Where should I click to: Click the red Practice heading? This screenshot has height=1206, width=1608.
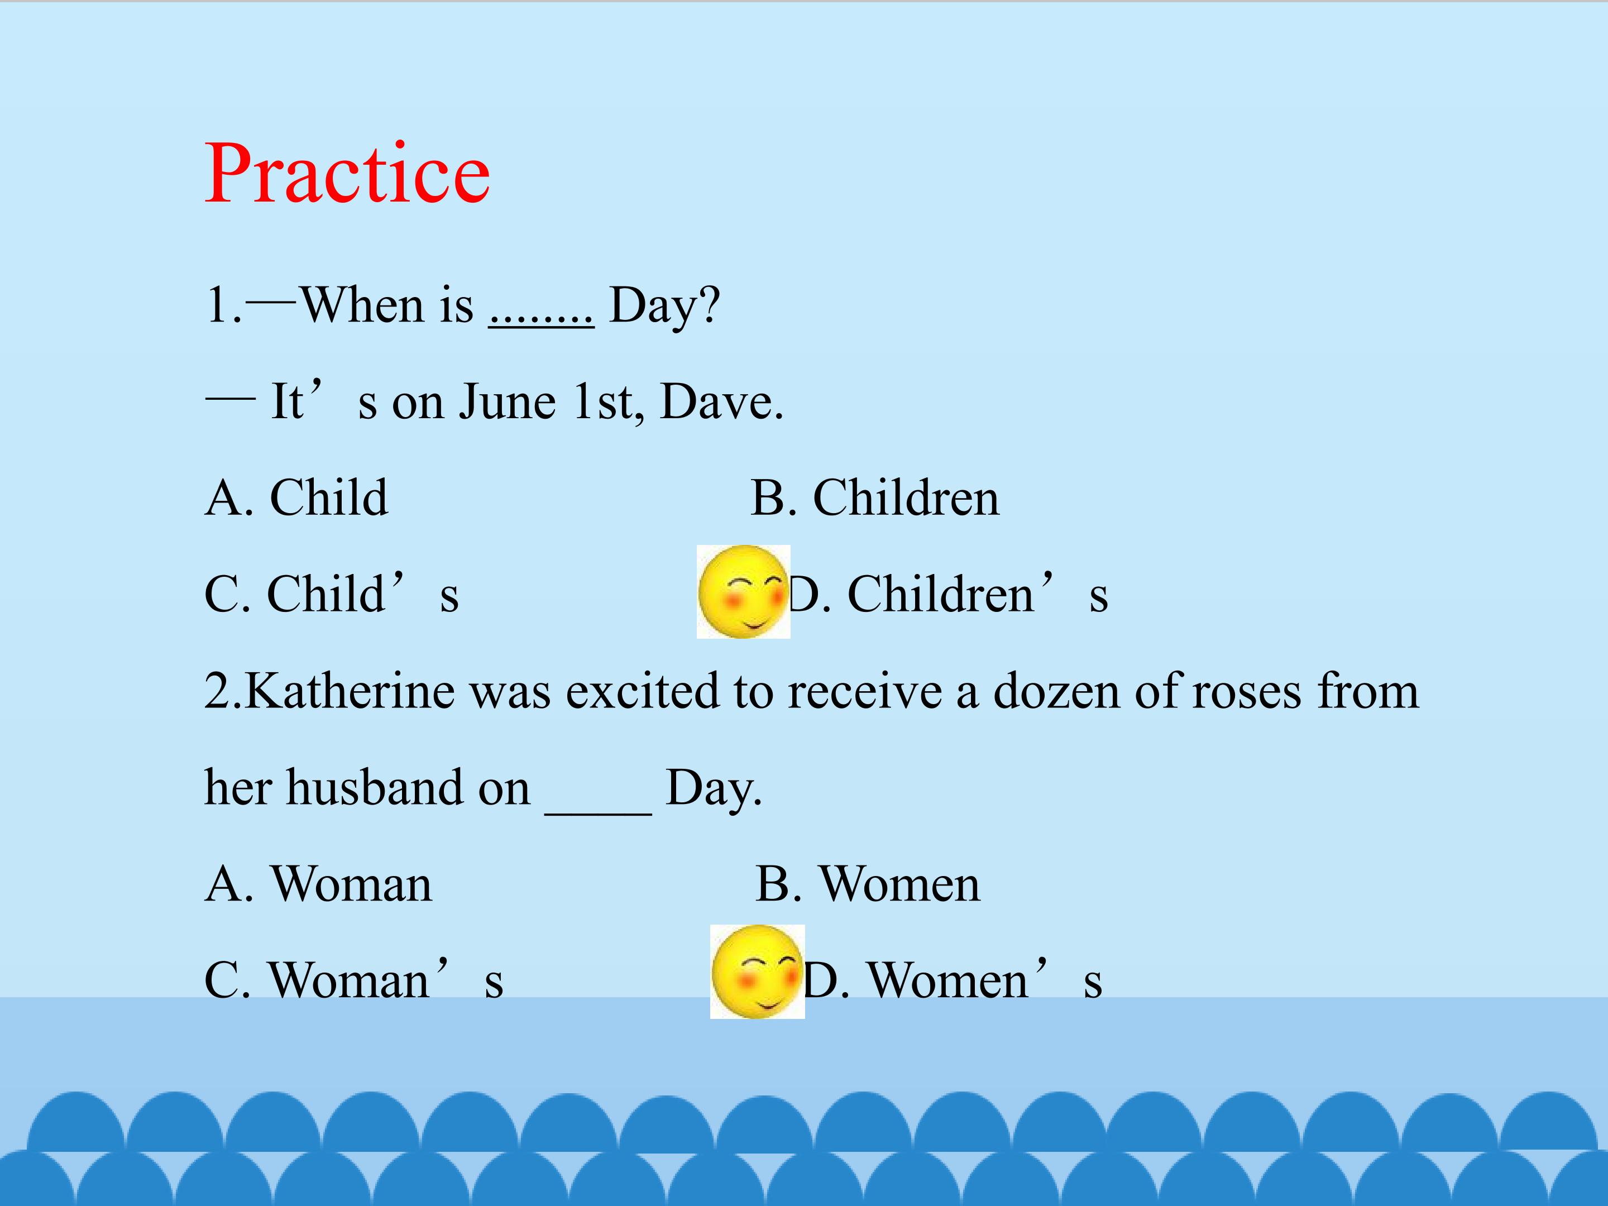tap(347, 174)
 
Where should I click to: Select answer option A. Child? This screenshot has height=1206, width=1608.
tap(296, 498)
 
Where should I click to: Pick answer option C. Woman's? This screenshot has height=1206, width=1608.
tap(354, 979)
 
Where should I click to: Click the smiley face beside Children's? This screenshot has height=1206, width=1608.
tap(743, 592)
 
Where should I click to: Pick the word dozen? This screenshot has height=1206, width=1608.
tap(1056, 691)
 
